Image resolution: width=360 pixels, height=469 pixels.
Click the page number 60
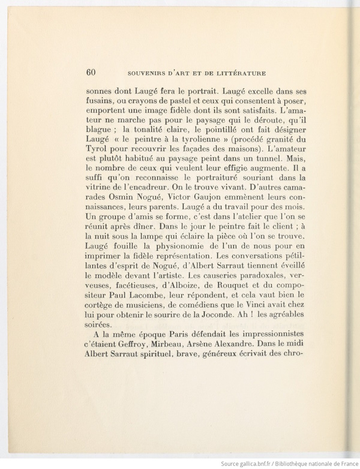click(91, 73)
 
